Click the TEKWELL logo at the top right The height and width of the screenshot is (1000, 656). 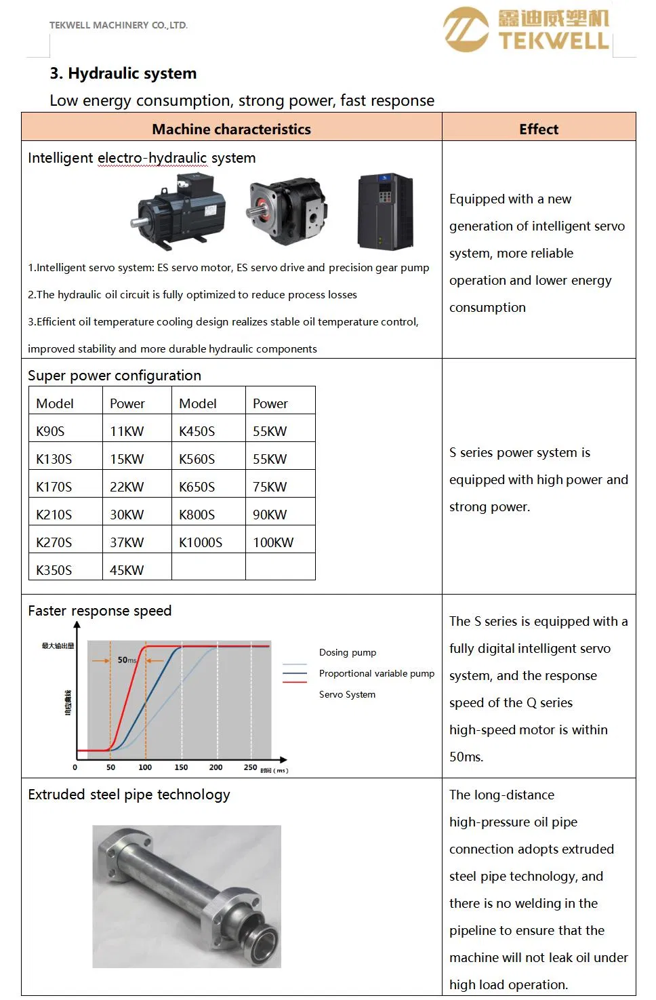click(527, 30)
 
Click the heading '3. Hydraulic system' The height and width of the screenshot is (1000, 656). click(123, 73)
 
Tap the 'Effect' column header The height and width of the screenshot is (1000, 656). click(539, 129)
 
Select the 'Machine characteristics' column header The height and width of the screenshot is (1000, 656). click(231, 129)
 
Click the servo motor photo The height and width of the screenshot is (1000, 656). click(180, 209)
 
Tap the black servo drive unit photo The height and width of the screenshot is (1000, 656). click(385, 212)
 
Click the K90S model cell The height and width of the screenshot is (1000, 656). click(51, 431)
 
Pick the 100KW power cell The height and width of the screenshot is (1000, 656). click(273, 542)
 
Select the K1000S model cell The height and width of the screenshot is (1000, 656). click(201, 542)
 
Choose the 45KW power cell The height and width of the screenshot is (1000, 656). click(127, 570)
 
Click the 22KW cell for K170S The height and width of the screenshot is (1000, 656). click(127, 487)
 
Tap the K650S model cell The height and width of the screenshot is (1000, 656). click(197, 487)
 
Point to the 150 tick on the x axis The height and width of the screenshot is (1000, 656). click(181, 767)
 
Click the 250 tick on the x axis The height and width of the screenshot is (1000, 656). click(251, 767)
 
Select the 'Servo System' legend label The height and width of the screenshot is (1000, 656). click(347, 694)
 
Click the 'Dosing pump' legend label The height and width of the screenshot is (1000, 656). click(348, 652)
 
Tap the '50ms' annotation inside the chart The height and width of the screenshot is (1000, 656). click(127, 660)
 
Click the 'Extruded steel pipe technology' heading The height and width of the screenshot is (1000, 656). click(129, 795)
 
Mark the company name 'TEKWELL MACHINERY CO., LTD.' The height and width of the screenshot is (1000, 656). click(119, 25)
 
